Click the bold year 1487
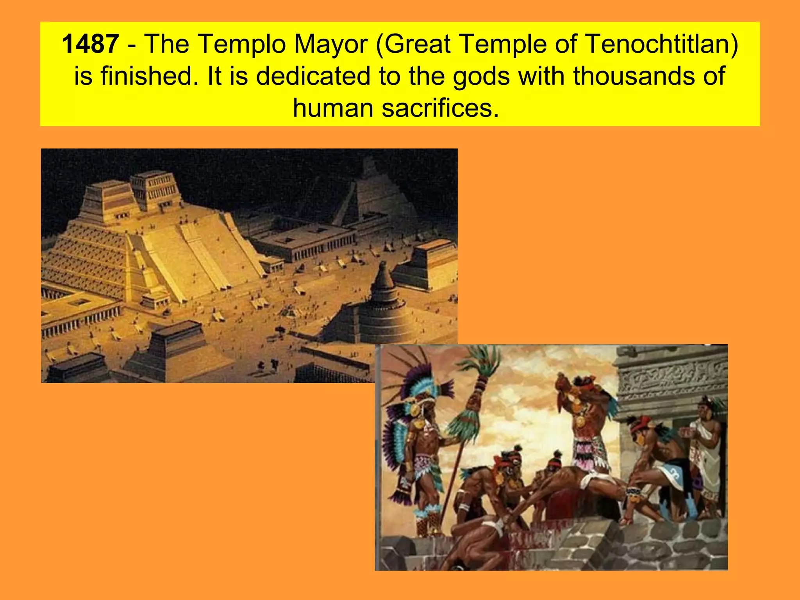90,44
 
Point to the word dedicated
313,76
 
